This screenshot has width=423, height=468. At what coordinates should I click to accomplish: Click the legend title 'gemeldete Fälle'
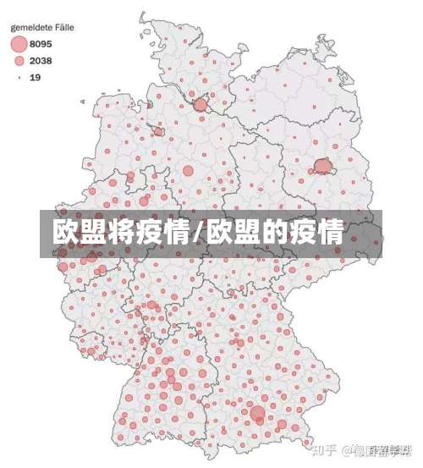point(41,27)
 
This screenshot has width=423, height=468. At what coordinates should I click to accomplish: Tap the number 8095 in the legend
point(41,43)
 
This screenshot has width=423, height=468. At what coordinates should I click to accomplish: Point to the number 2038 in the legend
point(41,60)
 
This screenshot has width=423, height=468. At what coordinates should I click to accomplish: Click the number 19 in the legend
point(35,77)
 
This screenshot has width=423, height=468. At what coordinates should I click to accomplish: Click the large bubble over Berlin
point(322,167)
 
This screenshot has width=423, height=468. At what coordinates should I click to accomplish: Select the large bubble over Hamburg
point(201,105)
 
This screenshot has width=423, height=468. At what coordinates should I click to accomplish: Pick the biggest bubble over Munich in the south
point(258,414)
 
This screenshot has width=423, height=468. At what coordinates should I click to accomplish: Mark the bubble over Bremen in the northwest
point(159,131)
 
